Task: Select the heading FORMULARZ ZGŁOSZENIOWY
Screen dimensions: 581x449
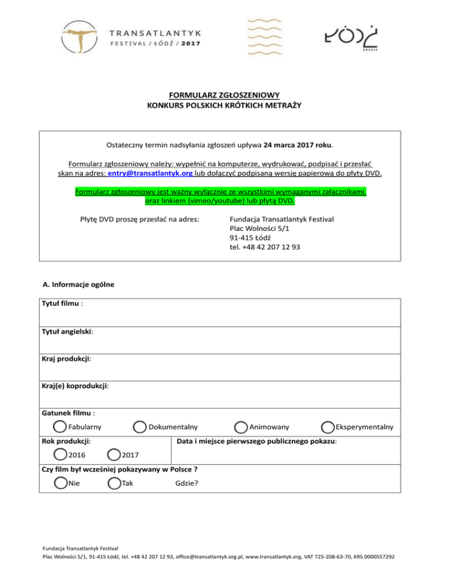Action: click(224, 95)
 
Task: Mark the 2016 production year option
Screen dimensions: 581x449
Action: click(60, 454)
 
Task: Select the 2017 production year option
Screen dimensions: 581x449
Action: click(115, 454)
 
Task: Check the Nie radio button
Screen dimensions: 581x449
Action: click(60, 483)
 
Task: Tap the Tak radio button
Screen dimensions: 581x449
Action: click(115, 483)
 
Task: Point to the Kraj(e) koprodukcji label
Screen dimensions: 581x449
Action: click(75, 386)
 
